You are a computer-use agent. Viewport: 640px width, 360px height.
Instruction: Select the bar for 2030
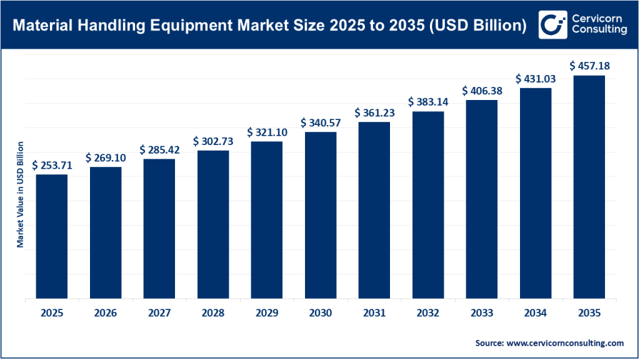pyautogui.click(x=321, y=216)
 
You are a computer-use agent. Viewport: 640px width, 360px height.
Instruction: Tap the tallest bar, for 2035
pyautogui.click(x=589, y=187)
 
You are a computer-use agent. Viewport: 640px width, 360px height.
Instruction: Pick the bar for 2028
pyautogui.click(x=213, y=225)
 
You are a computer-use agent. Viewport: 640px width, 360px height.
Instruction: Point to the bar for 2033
pyautogui.click(x=481, y=199)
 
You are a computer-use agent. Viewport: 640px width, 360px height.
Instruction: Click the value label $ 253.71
pyautogui.click(x=52, y=165)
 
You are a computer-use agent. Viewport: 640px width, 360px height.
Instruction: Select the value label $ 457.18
pyautogui.click(x=589, y=66)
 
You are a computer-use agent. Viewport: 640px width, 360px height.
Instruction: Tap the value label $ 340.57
pyautogui.click(x=321, y=122)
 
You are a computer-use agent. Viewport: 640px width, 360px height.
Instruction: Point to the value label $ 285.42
pyautogui.click(x=159, y=150)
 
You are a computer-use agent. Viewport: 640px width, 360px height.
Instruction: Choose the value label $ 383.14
pyautogui.click(x=428, y=102)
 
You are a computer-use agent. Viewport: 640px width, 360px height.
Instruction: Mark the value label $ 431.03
pyautogui.click(x=536, y=79)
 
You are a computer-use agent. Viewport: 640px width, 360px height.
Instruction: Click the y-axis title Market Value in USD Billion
pyautogui.click(x=20, y=194)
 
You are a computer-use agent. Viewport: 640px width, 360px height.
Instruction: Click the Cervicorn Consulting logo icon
pyautogui.click(x=551, y=25)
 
